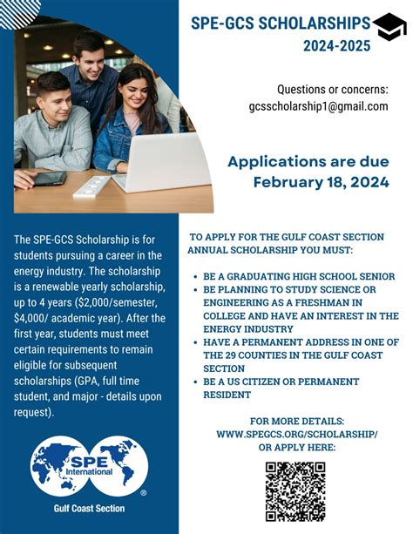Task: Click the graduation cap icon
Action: coord(389,27)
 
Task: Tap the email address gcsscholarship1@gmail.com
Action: coord(317,106)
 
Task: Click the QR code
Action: coord(295,490)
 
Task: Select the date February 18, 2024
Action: coord(321,182)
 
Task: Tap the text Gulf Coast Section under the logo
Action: coord(89,509)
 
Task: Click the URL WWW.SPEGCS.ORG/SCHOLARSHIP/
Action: coord(296,432)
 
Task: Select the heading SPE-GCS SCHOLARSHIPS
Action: coord(281,24)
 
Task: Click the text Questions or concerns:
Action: coord(332,90)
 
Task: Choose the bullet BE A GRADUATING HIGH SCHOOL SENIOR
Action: coord(299,276)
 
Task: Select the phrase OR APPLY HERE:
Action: coord(296,447)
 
